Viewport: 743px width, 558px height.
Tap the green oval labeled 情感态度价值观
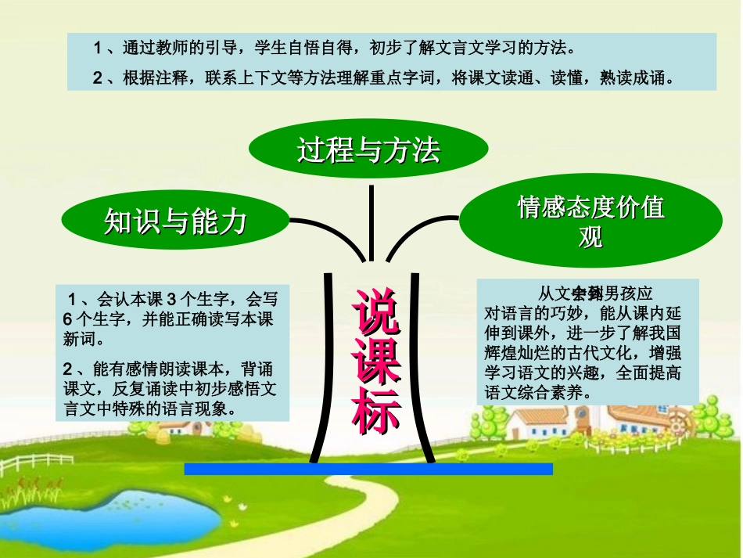click(x=591, y=220)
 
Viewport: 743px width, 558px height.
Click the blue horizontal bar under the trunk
click(x=368, y=469)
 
